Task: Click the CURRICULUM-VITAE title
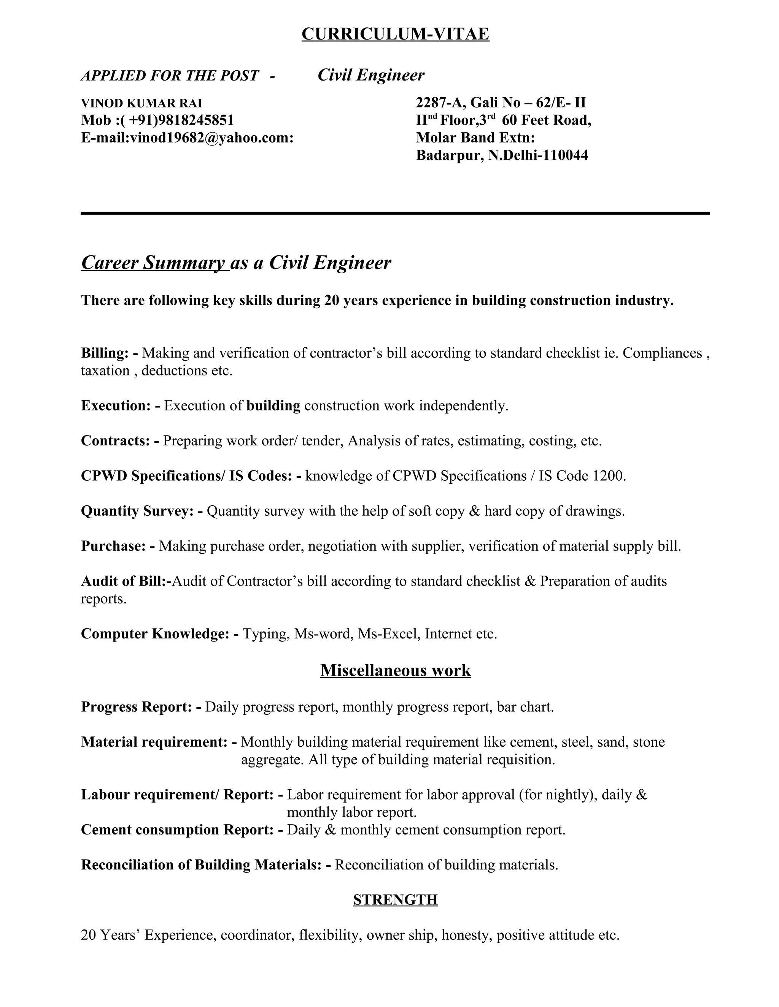click(x=395, y=34)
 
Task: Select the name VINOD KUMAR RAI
click(x=141, y=103)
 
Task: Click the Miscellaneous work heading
click(x=395, y=670)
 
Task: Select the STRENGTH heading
click(x=395, y=899)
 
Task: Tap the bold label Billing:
click(x=105, y=353)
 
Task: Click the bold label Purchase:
click(x=113, y=546)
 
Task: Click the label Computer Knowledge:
click(x=154, y=634)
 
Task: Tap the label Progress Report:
click(x=136, y=707)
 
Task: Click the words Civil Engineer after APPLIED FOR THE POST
click(x=370, y=75)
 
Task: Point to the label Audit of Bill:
click(x=123, y=581)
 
